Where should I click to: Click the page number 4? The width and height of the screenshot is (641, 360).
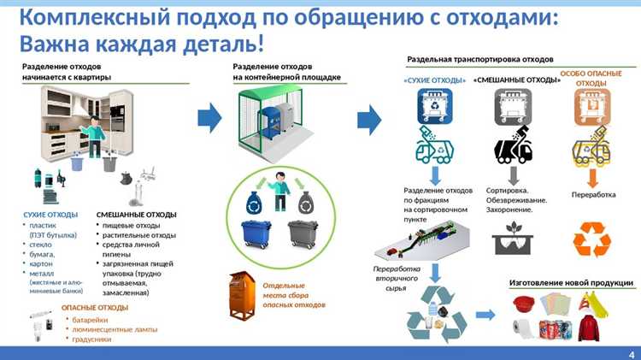pos(631,353)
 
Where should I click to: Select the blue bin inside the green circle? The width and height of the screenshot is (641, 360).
pos(255,234)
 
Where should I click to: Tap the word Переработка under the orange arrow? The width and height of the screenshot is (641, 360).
pos(593,194)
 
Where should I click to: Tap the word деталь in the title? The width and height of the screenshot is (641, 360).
pos(221,43)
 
